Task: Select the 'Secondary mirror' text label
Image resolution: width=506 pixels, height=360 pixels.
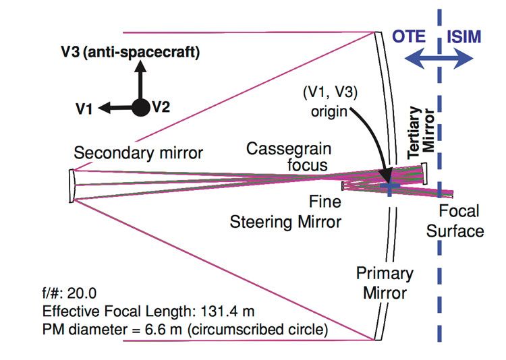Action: click(138, 153)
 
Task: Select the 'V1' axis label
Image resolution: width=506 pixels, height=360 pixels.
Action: click(84, 108)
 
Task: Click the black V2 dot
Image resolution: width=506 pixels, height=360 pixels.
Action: click(140, 107)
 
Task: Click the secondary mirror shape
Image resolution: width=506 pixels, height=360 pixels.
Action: click(72, 185)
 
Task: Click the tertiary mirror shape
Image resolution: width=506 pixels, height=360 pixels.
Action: click(425, 174)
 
